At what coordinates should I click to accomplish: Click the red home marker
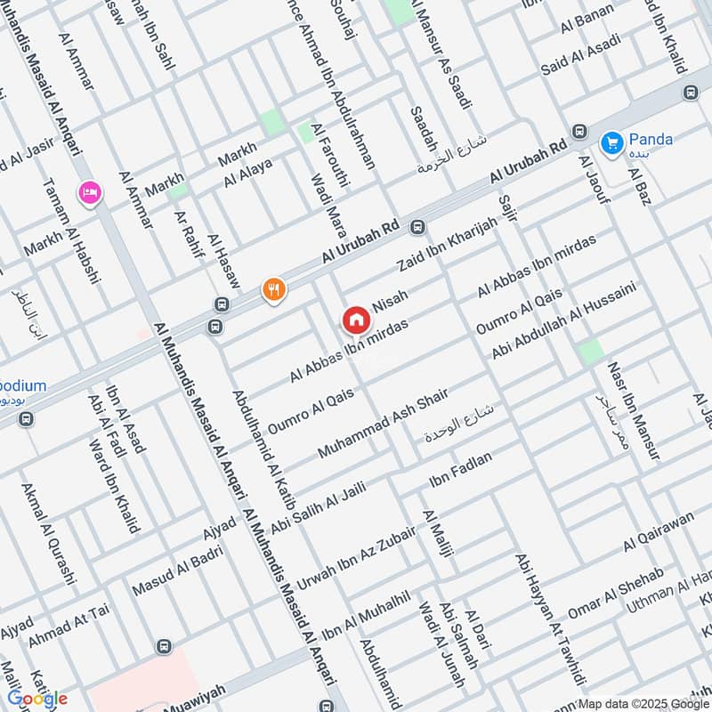pos(356,319)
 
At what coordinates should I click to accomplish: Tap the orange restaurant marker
pos(273,289)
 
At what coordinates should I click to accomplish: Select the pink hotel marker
pos(89,191)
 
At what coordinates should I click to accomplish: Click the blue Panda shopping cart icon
pos(611,142)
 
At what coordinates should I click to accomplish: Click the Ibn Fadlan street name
pos(460,470)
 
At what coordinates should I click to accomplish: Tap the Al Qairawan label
pos(658,530)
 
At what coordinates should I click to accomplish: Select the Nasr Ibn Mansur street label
pos(633,410)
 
